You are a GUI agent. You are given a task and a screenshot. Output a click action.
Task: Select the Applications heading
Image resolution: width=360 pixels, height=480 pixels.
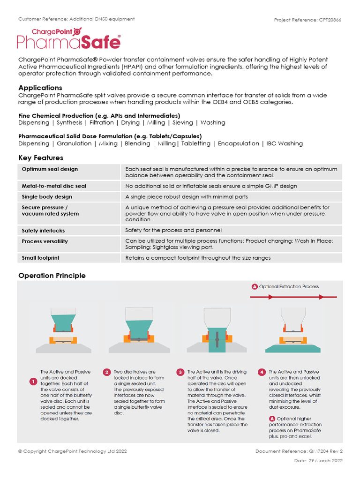(x=40, y=88)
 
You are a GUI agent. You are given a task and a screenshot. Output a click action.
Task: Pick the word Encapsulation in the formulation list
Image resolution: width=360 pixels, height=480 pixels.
(x=239, y=143)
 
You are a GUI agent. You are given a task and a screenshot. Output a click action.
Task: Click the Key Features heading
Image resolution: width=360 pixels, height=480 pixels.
(x=41, y=158)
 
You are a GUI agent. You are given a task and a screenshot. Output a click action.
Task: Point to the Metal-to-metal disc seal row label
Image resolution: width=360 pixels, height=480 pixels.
(x=54, y=186)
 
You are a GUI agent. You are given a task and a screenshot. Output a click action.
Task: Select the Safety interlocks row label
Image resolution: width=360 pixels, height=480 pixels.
(x=43, y=231)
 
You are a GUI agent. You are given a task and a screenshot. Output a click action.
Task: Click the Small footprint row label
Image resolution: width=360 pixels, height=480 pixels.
(x=40, y=258)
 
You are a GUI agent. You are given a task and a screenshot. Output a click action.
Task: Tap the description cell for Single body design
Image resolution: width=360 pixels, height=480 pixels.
(x=187, y=197)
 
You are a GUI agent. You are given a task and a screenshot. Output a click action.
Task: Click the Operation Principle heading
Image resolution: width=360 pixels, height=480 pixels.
(x=52, y=276)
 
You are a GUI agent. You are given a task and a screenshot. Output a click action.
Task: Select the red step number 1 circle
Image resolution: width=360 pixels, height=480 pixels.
(x=33, y=382)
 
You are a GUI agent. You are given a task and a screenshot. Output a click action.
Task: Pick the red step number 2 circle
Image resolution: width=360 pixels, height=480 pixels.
(x=107, y=372)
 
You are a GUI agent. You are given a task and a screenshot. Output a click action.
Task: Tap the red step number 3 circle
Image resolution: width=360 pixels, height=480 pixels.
(x=180, y=372)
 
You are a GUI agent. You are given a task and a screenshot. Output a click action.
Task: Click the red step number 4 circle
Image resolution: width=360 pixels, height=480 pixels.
(x=262, y=372)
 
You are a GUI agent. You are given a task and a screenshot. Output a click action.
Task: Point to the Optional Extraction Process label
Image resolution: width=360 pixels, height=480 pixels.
(x=288, y=286)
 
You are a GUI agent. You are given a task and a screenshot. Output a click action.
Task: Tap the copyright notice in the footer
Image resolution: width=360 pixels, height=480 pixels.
(x=72, y=451)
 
